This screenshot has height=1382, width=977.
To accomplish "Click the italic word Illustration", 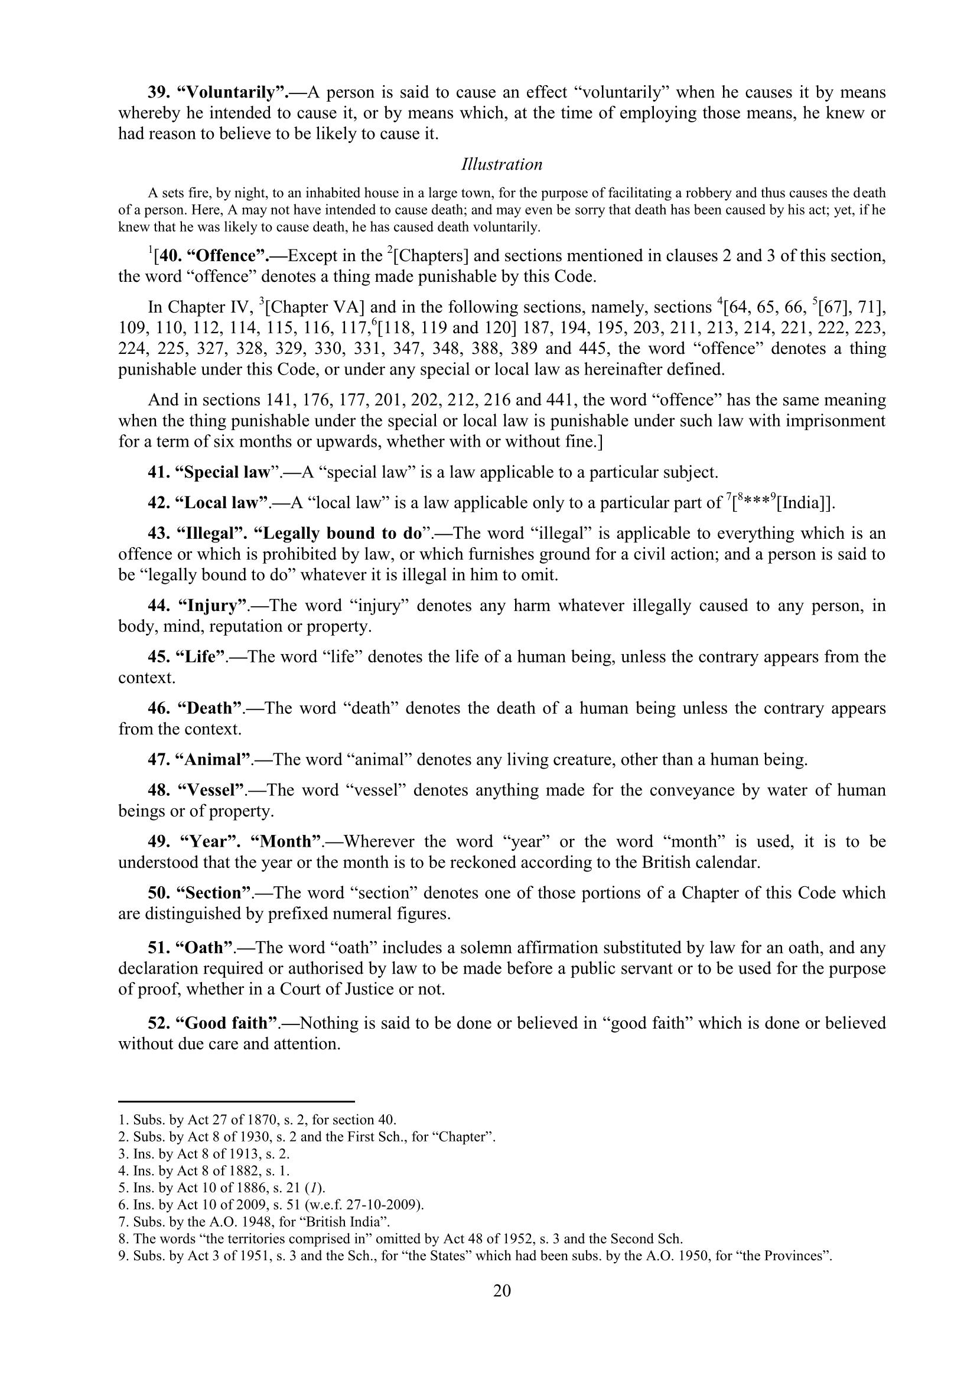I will (x=501, y=164).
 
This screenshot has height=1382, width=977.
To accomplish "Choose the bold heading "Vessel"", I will (x=213, y=790).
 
